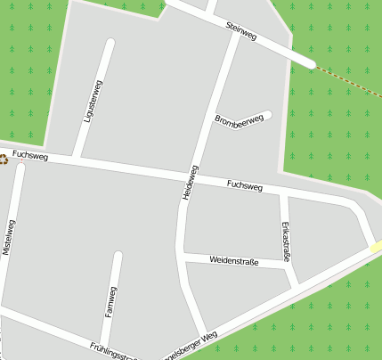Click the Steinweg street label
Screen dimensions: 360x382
241,31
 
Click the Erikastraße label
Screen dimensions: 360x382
286,241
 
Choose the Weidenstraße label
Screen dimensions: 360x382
234,261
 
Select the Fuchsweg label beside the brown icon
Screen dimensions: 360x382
29,156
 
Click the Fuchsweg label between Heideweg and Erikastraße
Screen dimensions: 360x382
245,186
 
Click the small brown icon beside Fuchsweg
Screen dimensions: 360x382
4,160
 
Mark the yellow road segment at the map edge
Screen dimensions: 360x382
377,247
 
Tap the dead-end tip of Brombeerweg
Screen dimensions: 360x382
267,114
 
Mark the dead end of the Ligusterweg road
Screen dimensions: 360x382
110,43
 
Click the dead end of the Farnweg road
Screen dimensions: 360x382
117,257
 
